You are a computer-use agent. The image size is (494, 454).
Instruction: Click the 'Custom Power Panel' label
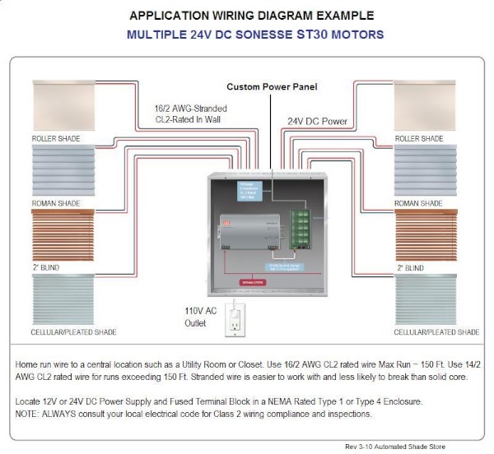272,86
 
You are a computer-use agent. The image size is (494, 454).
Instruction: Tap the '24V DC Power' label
317,121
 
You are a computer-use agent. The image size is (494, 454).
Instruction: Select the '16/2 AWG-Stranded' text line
191,108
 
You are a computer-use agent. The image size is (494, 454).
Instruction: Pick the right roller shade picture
424,106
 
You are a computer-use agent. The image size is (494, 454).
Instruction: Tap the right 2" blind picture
424,236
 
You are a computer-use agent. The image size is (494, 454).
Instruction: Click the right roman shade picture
424,171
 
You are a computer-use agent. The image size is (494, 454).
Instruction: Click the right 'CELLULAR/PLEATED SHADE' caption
436,332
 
